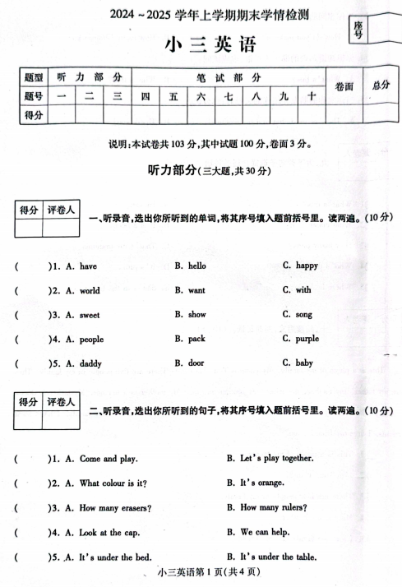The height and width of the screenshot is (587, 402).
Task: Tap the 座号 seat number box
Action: [x=358, y=31]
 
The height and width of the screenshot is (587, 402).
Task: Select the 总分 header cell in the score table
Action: [x=379, y=86]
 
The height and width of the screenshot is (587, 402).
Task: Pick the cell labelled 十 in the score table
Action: [x=311, y=96]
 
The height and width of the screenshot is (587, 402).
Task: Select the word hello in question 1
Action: [x=196, y=266]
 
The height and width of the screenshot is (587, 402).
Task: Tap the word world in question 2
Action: [x=89, y=290]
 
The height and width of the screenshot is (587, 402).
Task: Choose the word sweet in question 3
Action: [x=89, y=314]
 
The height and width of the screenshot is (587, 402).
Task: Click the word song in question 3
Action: [x=303, y=314]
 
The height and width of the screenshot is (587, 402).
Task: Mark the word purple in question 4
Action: [x=307, y=339]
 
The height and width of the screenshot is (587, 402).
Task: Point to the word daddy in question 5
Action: [x=90, y=363]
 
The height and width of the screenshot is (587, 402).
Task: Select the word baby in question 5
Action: [x=303, y=363]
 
